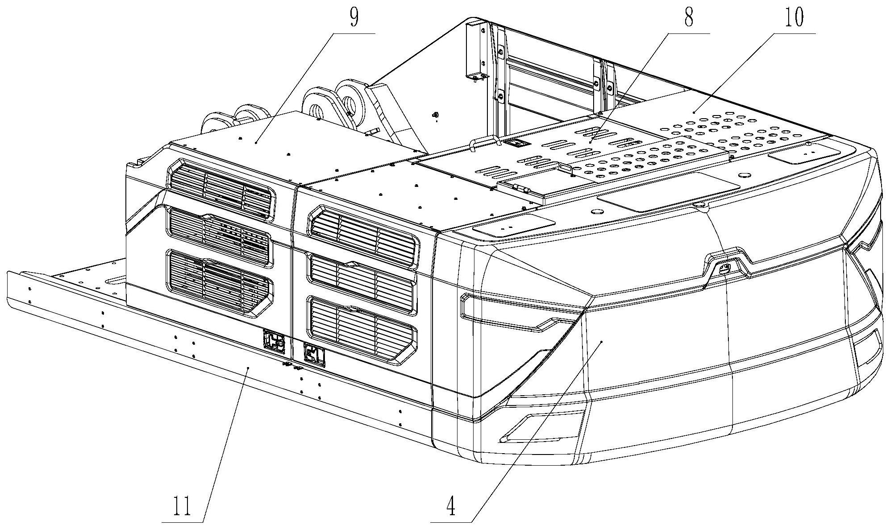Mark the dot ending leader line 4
pos(602,342)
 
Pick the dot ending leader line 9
pos(256,142)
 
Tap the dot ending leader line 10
pos(694,113)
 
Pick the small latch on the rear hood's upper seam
pos(724,268)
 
